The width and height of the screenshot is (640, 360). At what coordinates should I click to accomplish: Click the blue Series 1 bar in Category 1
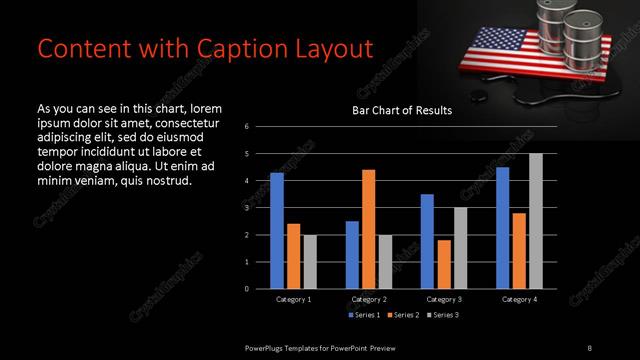[x=277, y=231]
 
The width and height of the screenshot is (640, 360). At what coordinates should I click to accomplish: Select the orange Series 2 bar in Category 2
[x=369, y=229]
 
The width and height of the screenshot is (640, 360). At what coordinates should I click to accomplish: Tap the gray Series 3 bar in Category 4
[x=536, y=221]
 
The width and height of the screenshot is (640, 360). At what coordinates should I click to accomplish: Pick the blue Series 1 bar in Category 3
[x=427, y=241]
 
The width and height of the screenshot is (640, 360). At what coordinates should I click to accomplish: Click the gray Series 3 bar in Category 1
[x=310, y=261]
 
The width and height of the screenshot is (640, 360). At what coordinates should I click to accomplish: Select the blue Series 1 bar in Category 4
[x=503, y=228]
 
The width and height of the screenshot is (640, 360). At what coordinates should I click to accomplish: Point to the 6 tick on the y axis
[x=247, y=127]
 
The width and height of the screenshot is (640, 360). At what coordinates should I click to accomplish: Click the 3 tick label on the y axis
[x=247, y=208]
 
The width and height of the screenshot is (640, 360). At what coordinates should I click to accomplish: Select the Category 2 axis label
[x=370, y=300]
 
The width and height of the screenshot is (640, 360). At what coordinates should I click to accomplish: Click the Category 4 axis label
[x=520, y=300]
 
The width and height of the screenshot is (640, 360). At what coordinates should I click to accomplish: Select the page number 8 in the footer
[x=589, y=347]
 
